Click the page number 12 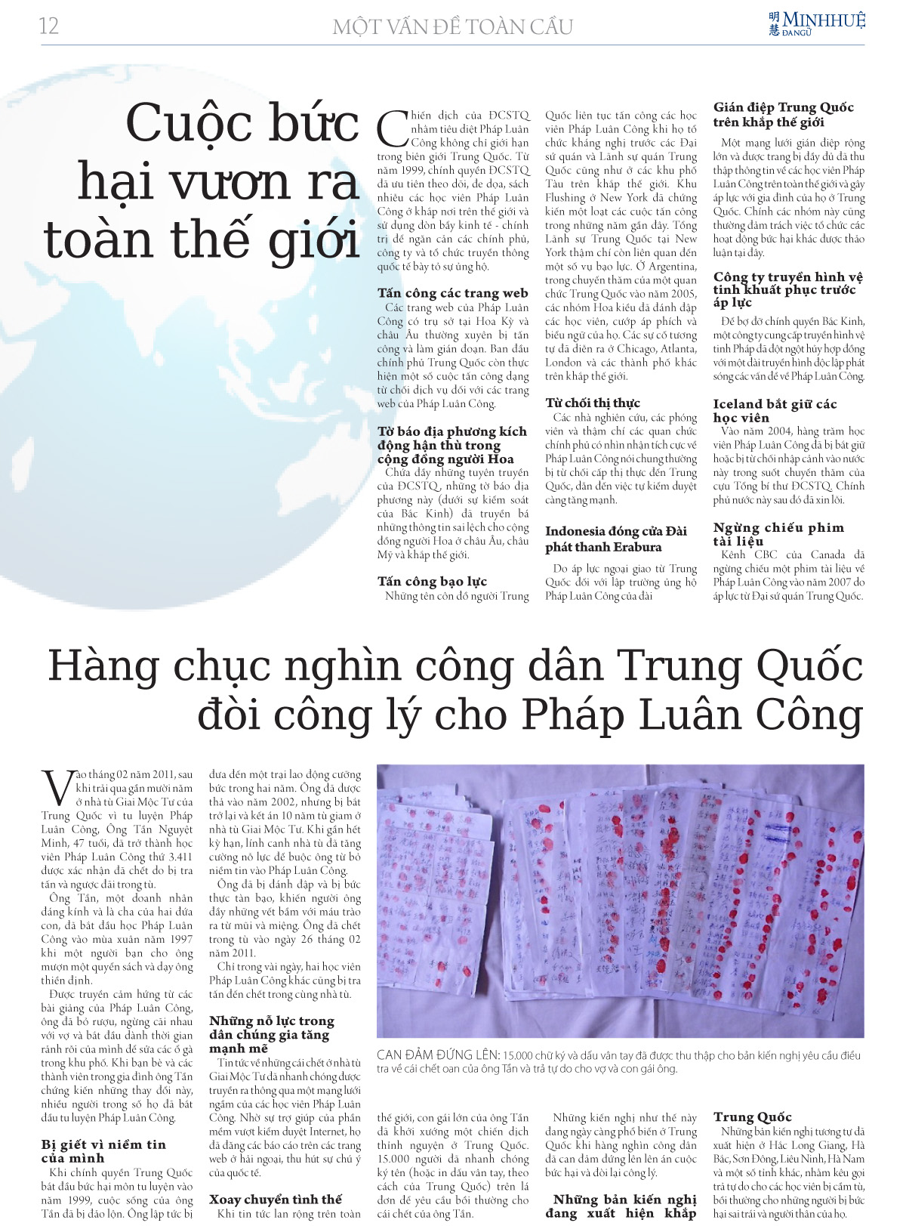click(49, 26)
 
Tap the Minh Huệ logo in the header click(816, 23)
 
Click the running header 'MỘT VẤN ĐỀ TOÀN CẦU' click(452, 27)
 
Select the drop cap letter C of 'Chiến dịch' click(393, 129)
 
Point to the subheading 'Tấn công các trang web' click(452, 293)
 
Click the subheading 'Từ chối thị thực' click(593, 403)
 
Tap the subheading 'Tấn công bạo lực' click(432, 581)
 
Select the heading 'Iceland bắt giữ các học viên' click(775, 410)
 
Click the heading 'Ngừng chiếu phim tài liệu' click(778, 533)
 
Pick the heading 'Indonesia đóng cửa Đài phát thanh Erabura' click(615, 539)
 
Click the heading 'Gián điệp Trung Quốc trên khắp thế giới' click(783, 115)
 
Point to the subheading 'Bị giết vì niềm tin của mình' click(103, 1151)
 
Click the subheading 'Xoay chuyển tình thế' click(275, 1200)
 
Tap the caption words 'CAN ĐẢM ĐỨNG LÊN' click(438, 1055)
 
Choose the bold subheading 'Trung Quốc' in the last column click(752, 1116)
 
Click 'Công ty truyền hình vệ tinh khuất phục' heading click(787, 289)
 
